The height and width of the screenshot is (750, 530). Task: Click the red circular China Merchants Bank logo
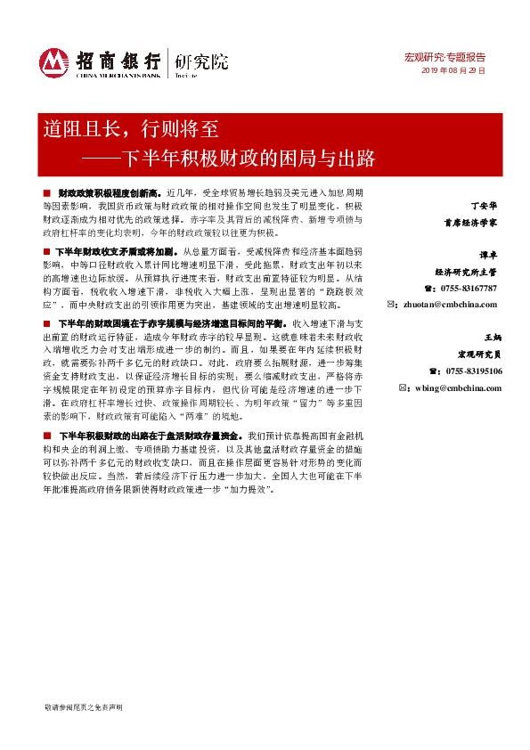tap(54, 61)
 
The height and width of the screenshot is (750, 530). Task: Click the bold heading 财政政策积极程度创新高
tap(108, 192)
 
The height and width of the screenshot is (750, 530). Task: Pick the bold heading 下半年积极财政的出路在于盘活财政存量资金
tap(150, 436)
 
